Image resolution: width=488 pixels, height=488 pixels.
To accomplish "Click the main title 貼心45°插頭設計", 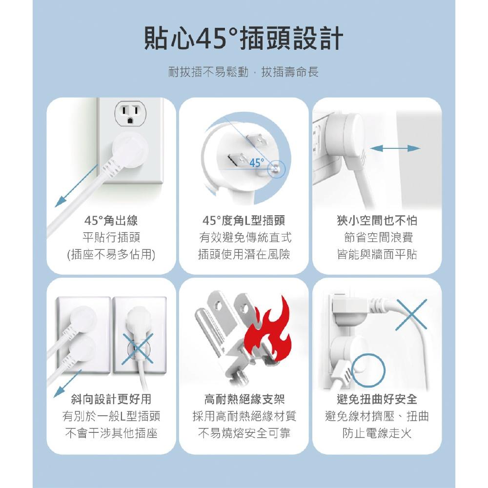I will (x=244, y=38).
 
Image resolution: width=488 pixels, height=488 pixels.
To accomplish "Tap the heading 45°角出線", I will (x=111, y=221).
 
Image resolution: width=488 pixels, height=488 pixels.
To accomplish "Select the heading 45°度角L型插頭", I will (x=244, y=221).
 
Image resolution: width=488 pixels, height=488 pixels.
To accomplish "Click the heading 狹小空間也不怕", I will (x=377, y=221).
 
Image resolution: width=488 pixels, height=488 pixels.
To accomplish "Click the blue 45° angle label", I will (x=257, y=163).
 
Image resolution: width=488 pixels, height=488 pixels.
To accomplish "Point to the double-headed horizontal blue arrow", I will (x=395, y=148).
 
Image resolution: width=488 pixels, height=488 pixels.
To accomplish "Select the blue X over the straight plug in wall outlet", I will (x=138, y=347).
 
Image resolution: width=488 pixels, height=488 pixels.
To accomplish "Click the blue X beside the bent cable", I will (x=411, y=315).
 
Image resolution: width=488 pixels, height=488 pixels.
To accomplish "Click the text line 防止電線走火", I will (x=377, y=433).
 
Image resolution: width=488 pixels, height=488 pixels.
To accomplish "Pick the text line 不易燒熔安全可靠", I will (x=244, y=433).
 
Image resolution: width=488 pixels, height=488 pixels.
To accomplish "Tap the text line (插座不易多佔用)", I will (x=111, y=254).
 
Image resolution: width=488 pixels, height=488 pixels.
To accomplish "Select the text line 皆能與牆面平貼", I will (x=377, y=254).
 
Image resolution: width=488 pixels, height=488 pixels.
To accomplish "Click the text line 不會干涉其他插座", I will (x=111, y=433).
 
